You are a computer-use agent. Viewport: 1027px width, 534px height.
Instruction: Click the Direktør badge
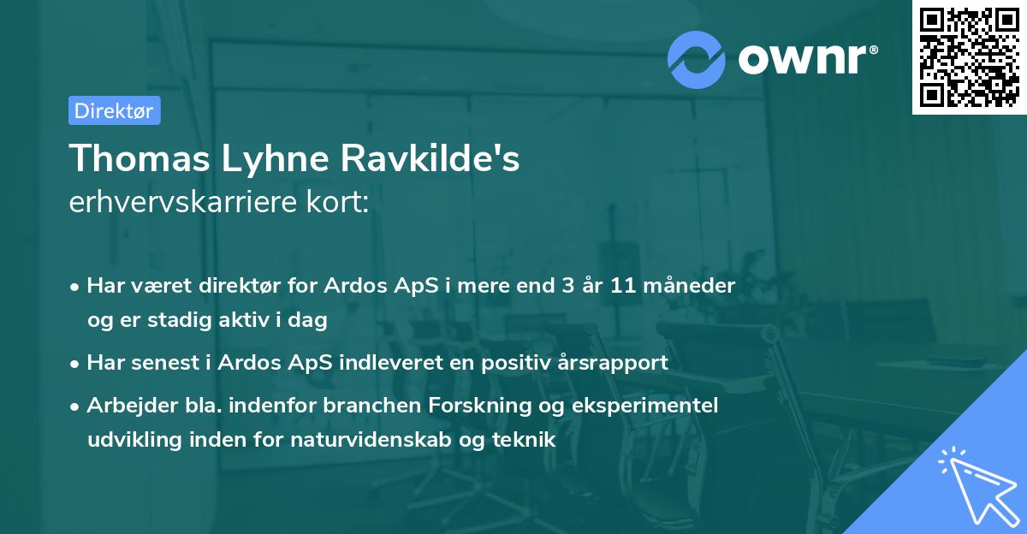(x=114, y=110)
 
